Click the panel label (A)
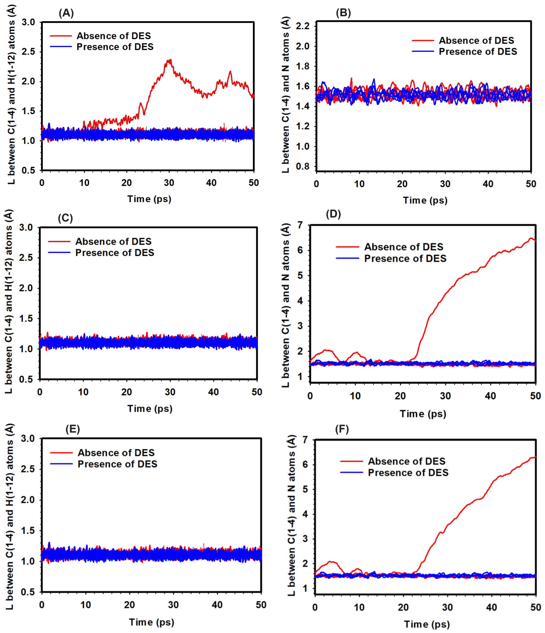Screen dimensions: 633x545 coord(66,14)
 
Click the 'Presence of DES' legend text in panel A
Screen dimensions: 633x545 coord(115,47)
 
